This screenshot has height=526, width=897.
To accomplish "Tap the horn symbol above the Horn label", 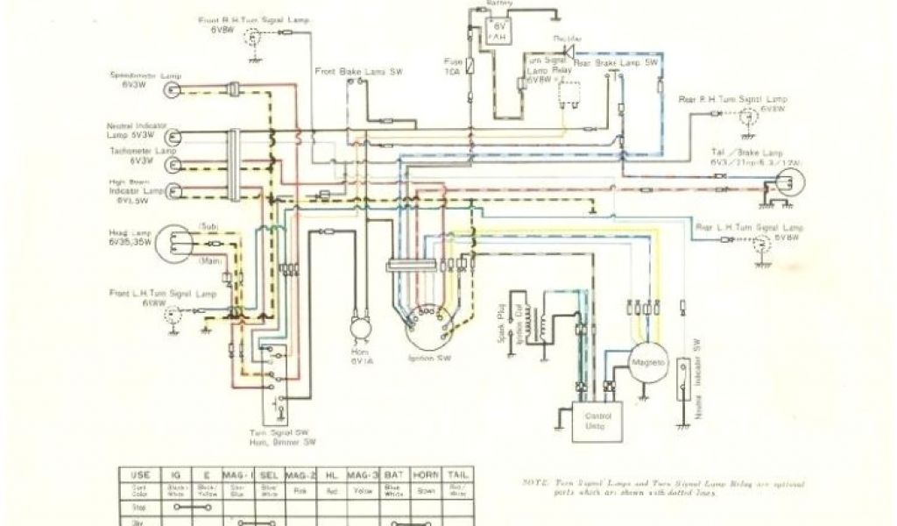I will pyautogui.click(x=359, y=326).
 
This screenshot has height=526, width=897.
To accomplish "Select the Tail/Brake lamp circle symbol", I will pyautogui.click(x=788, y=184).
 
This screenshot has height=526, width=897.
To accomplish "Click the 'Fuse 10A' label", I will pyautogui.click(x=453, y=67).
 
